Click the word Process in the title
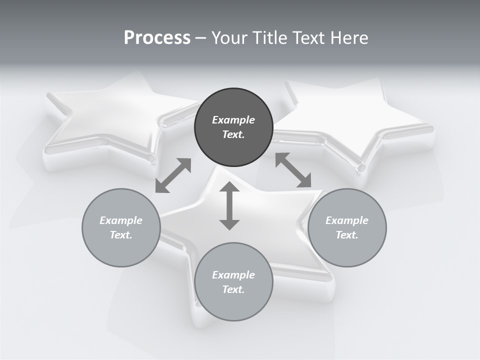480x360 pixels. tap(157, 38)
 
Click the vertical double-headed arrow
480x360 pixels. tap(229, 205)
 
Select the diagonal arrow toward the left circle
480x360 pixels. tap(173, 175)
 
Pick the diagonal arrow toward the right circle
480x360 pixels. tap(293, 170)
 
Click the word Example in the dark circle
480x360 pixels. tap(233, 120)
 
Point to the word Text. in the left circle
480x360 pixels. tap(121, 235)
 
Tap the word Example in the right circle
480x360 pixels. tap(347, 220)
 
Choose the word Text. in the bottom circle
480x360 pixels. tap(233, 289)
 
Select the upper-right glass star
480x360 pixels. tap(360, 120)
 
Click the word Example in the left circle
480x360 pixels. tap(121, 220)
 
